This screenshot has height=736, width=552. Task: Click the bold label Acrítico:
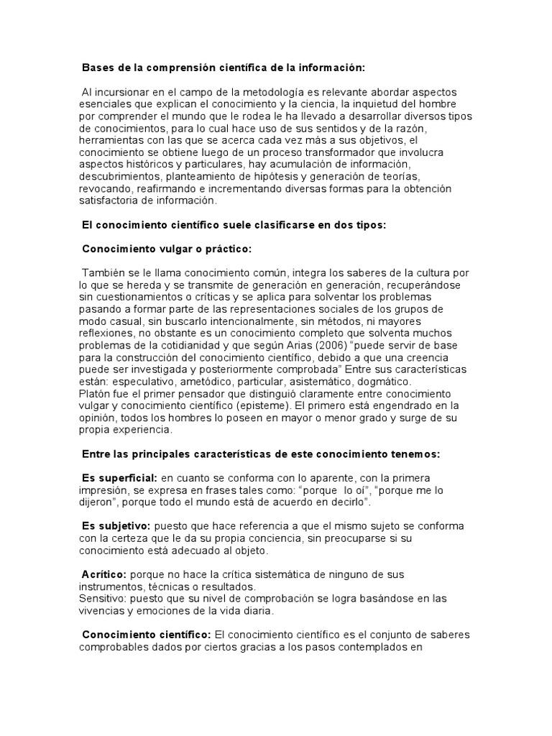[x=105, y=575]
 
